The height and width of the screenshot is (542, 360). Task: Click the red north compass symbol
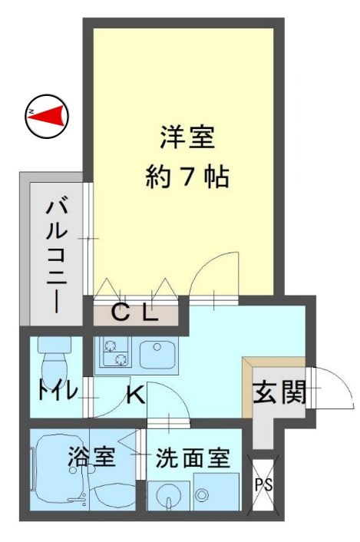pos(46,116)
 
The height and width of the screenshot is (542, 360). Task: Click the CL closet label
pos(135,312)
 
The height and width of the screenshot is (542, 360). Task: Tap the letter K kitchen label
pos(134,396)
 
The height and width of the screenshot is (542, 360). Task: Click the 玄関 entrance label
pos(280,393)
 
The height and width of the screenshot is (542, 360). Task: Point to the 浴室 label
pos(92,458)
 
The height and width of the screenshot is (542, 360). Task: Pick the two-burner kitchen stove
pos(113,352)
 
